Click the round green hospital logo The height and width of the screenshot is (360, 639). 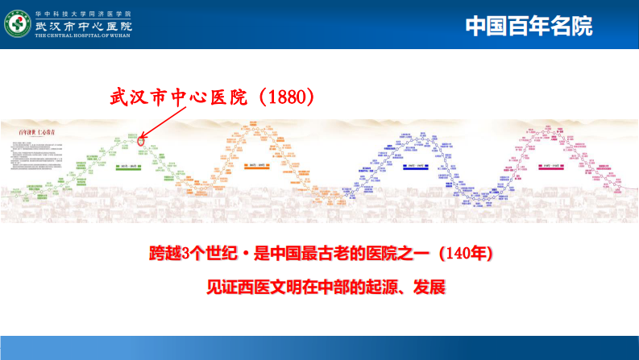19,25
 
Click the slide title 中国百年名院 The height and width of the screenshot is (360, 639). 529,26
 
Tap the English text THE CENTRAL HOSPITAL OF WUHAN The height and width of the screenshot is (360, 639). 84,37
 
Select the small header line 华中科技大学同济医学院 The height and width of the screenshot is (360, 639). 83,14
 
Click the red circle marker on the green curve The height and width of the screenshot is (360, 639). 141,142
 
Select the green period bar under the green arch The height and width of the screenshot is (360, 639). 128,168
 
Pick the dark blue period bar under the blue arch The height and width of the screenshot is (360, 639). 419,168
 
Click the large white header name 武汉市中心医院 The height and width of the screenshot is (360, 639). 84,26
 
